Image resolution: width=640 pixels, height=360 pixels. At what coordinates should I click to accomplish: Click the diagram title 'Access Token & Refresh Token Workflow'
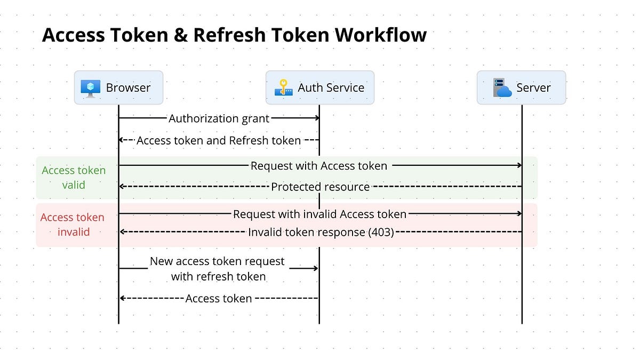click(234, 35)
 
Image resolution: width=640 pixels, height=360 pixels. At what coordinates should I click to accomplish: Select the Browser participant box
click(118, 87)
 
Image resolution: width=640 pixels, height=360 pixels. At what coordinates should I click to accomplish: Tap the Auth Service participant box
click(320, 87)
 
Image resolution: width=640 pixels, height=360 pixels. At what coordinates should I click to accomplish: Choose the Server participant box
click(521, 87)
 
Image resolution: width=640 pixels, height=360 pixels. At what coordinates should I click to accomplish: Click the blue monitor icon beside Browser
click(90, 87)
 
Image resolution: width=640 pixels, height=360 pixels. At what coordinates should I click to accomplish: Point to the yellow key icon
click(284, 87)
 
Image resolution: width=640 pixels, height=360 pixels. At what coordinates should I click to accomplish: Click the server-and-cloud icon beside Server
click(502, 87)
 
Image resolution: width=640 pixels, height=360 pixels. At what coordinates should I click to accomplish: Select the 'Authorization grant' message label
click(219, 118)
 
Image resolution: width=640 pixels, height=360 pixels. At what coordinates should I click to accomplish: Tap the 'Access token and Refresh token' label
click(219, 140)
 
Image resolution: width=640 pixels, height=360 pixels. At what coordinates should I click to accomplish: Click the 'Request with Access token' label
click(319, 166)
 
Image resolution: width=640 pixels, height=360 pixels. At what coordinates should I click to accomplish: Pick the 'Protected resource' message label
click(320, 187)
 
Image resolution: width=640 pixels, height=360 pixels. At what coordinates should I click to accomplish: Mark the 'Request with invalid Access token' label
click(320, 214)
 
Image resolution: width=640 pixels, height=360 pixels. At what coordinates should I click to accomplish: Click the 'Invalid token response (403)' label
click(321, 232)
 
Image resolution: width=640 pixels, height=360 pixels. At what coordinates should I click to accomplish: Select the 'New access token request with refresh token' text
click(218, 269)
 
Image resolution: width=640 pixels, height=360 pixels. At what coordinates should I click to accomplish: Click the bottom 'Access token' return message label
click(219, 298)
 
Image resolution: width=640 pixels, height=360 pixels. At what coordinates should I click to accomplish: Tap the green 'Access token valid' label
click(74, 178)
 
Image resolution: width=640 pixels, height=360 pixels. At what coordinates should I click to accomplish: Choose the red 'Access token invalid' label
click(73, 225)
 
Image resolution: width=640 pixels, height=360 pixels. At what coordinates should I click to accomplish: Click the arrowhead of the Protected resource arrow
click(122, 187)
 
